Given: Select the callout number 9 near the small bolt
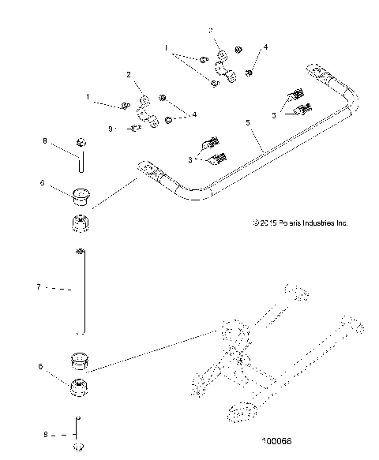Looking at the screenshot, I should [111, 128].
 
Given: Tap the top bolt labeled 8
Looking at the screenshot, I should [81, 144].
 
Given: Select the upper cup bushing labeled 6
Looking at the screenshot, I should [81, 194].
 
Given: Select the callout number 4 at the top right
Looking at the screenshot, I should [265, 47].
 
